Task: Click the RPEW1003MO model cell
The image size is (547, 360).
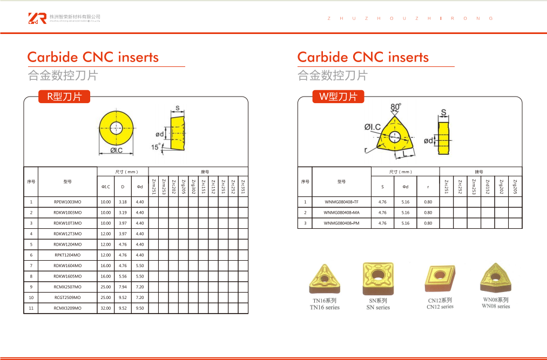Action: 67,202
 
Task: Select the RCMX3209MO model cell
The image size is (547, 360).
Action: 67,308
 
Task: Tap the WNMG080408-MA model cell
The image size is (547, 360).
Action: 341,213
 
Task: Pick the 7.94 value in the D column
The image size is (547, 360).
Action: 123,287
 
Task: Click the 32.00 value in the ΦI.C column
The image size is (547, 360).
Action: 106,308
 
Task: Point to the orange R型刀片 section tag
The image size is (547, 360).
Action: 64,97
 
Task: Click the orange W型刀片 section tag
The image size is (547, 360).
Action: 339,97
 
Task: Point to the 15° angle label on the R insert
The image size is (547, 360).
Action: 156,147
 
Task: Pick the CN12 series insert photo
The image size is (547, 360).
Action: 441,279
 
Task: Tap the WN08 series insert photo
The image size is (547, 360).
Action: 496,277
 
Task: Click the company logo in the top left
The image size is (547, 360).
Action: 37,18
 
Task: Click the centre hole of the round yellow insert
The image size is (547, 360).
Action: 116,128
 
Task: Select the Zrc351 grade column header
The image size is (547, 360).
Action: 243,186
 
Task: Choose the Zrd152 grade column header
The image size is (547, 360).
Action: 488,187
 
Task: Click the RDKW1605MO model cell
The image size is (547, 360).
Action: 67,276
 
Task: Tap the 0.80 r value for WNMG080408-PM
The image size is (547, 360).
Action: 428,223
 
